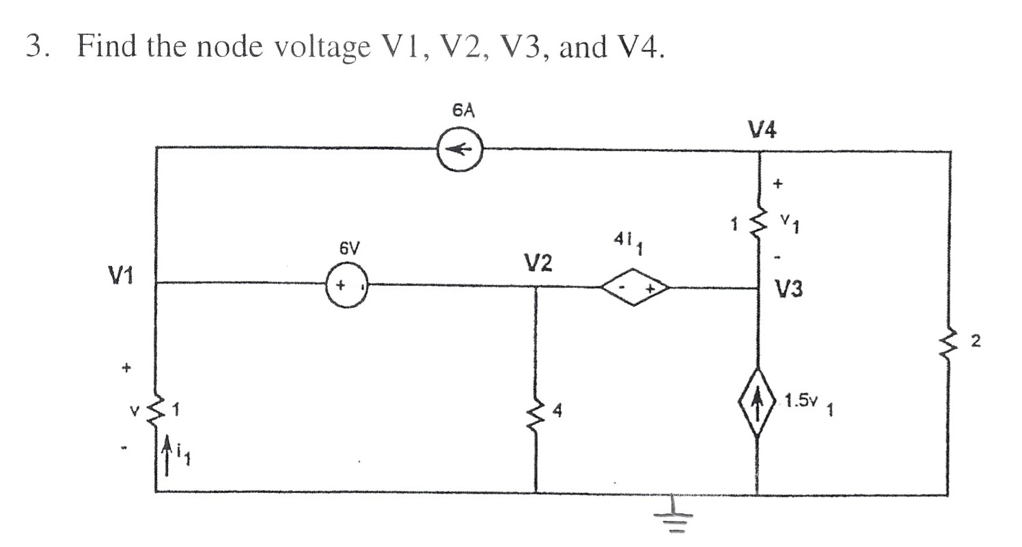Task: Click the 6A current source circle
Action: tap(460, 150)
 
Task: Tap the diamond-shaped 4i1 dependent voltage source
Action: tap(633, 287)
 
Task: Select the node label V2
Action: tap(538, 263)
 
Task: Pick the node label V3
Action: tap(789, 290)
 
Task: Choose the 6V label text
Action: tap(348, 250)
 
